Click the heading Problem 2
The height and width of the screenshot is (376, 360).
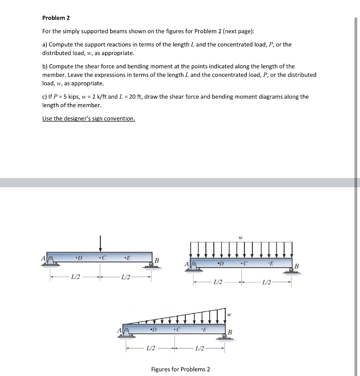(x=56, y=18)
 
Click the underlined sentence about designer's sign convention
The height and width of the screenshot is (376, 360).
(x=89, y=119)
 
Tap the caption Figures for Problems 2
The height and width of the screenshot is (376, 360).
(x=181, y=369)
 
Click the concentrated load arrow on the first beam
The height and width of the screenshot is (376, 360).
(x=100, y=244)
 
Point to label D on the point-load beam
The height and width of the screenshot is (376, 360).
(x=79, y=258)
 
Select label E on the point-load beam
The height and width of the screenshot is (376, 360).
(x=127, y=258)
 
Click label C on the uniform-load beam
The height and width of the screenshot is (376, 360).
(x=244, y=264)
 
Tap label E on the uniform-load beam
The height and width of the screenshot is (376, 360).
(x=270, y=264)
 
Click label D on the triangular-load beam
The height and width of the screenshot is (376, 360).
(x=153, y=330)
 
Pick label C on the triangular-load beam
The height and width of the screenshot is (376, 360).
(x=177, y=330)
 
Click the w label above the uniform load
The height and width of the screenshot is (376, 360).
(x=241, y=237)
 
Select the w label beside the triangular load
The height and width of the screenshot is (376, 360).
(x=229, y=315)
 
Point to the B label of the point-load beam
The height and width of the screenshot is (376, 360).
(x=157, y=261)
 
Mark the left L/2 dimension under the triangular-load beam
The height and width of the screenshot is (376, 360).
(x=150, y=349)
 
